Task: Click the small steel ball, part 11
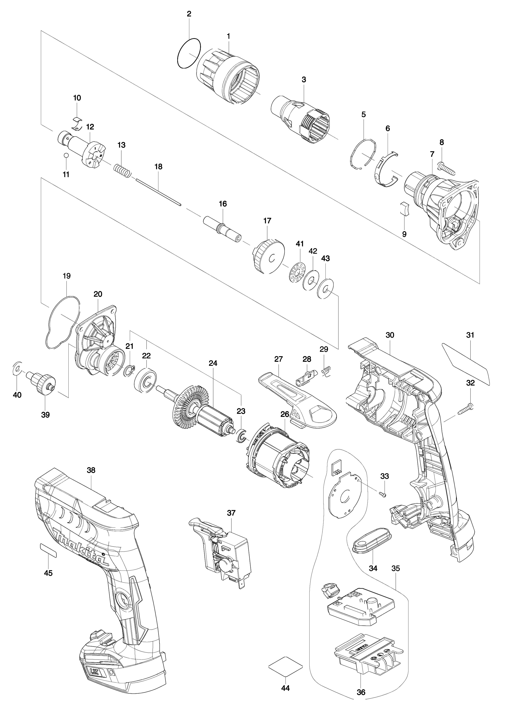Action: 66,155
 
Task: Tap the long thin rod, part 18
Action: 158,191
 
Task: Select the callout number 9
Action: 404,234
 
